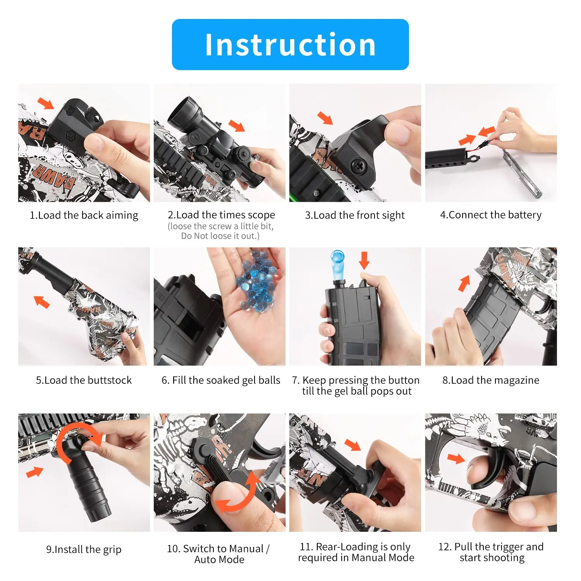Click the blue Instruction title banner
pyautogui.click(x=290, y=45)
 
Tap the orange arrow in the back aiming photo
pyautogui.click(x=46, y=103)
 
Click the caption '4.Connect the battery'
pyautogui.click(x=491, y=215)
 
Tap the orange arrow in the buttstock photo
pyautogui.click(x=41, y=302)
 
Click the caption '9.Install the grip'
pyautogui.click(x=84, y=550)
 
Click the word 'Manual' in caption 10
pyautogui.click(x=245, y=549)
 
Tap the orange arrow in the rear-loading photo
pyautogui.click(x=352, y=445)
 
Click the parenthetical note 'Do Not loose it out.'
pyautogui.click(x=220, y=236)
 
